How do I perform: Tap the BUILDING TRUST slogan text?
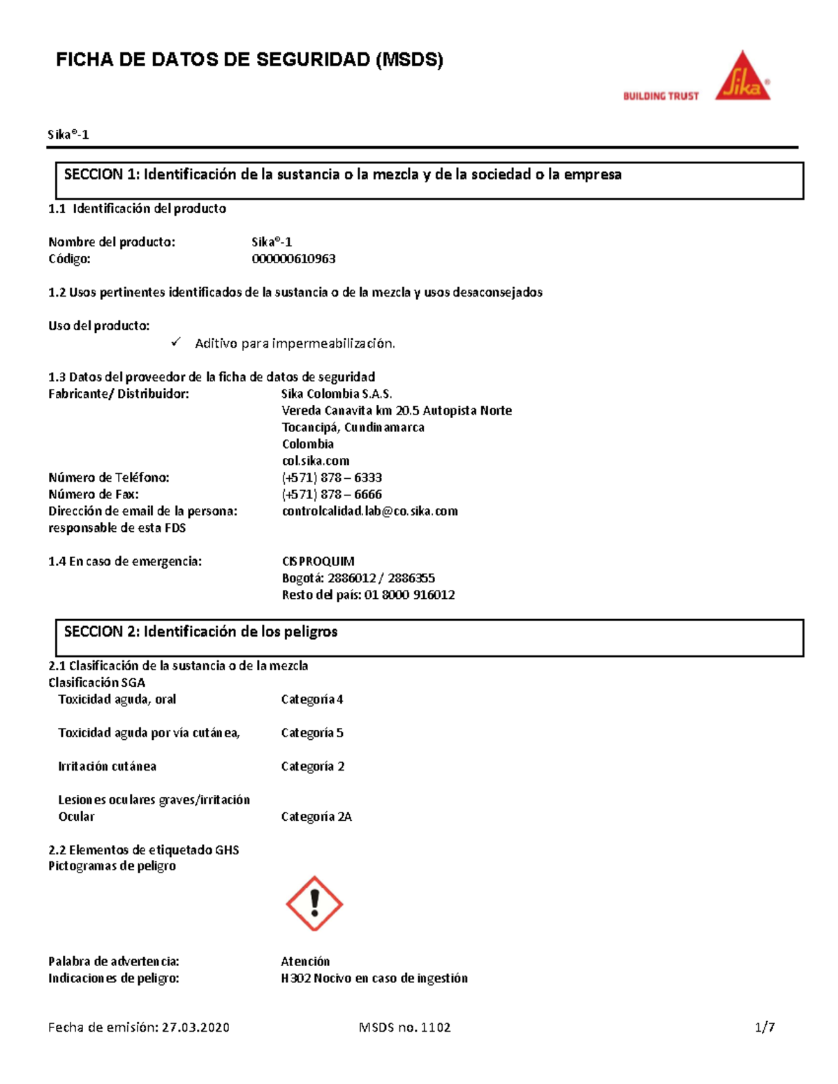tap(661, 96)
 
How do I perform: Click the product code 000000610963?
tap(293, 259)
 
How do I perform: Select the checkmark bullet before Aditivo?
tap(176, 342)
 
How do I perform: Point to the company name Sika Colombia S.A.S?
tap(337, 394)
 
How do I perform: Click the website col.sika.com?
tap(316, 461)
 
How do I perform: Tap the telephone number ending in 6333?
tap(332, 477)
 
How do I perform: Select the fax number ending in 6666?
tap(332, 494)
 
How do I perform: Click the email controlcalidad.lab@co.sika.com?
tap(369, 511)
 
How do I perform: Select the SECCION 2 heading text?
tap(200, 632)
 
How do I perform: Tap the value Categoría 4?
tap(311, 699)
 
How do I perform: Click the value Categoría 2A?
tap(316, 817)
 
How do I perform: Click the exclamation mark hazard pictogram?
tap(314, 903)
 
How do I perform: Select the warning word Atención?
tap(305, 961)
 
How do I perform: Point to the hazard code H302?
tap(295, 978)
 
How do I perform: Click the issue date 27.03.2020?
tap(196, 1027)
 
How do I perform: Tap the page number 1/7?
tap(765, 1027)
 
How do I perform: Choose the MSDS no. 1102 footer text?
tap(404, 1027)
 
